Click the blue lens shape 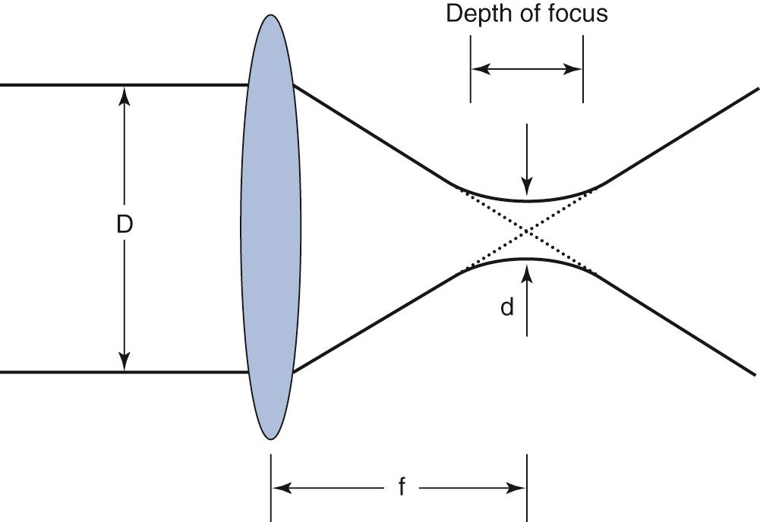270,228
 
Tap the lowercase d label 506,307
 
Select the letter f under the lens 402,487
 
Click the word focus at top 577,14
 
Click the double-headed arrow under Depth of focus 527,69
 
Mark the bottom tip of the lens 270,439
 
